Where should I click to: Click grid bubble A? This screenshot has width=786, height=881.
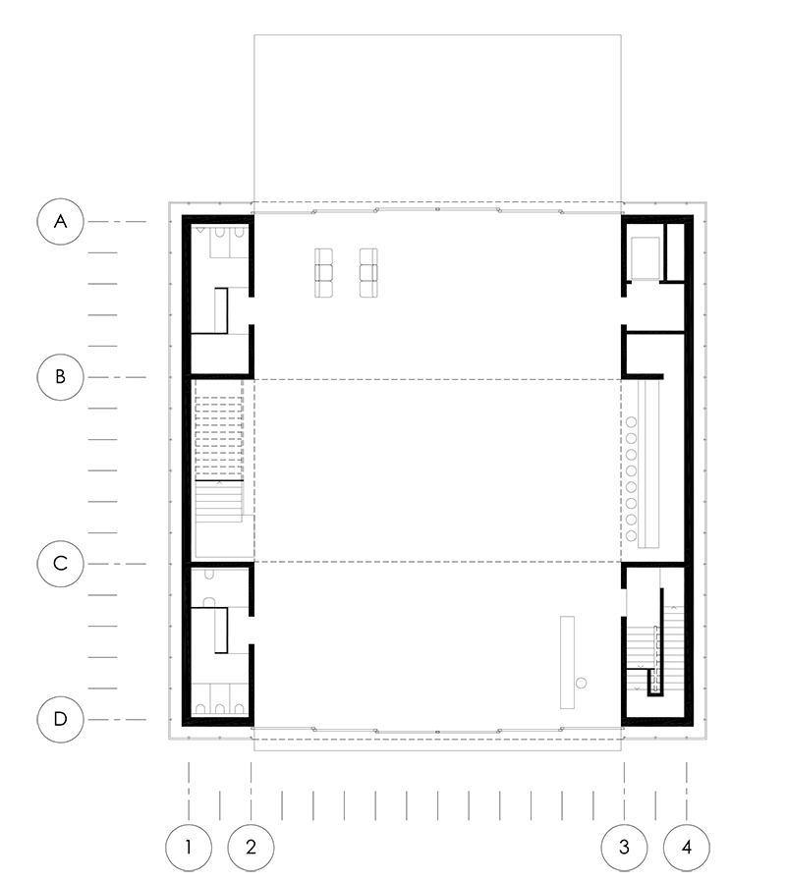point(60,221)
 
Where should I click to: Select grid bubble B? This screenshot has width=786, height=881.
point(60,377)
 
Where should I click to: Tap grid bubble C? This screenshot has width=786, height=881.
point(60,564)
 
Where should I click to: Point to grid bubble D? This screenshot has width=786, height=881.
point(60,719)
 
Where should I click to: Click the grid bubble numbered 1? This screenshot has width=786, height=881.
point(189,848)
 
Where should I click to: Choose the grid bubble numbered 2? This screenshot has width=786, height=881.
point(251,848)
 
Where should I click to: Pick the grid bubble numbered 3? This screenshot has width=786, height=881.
point(624,848)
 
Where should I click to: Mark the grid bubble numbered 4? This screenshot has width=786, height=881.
point(687,848)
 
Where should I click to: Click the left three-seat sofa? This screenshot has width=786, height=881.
point(323,272)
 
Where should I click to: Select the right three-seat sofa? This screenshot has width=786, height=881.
point(368,272)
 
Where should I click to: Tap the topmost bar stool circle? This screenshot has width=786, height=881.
point(631,422)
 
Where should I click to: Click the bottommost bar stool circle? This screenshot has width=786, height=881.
point(631,535)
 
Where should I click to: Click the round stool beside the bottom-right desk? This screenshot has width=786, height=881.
point(582,683)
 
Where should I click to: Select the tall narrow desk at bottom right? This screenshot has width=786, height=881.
point(567,662)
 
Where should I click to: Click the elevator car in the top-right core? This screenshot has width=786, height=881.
point(645,258)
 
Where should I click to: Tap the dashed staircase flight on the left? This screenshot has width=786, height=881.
point(219,438)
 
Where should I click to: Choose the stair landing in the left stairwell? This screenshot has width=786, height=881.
point(224,536)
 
